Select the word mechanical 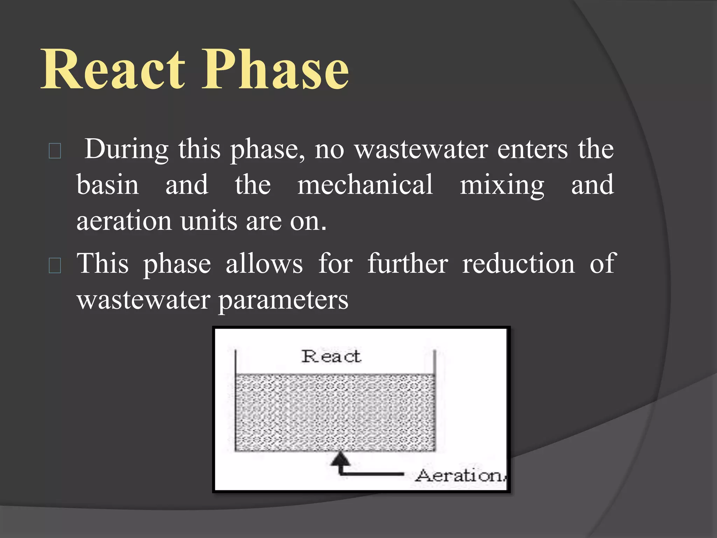point(365,185)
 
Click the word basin point(107,185)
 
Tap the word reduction point(518,264)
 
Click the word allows point(264,264)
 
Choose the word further point(408,264)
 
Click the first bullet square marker point(55,151)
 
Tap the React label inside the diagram point(331,357)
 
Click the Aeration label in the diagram point(460,475)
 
